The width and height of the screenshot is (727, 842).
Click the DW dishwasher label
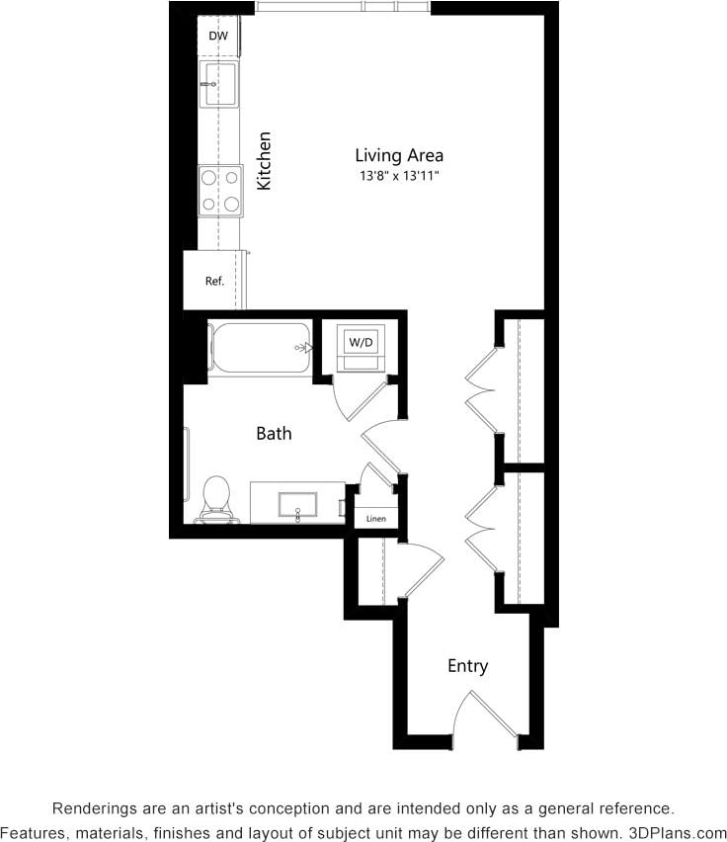click(218, 37)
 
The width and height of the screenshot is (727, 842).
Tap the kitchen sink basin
click(218, 84)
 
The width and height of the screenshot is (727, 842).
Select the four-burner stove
click(219, 191)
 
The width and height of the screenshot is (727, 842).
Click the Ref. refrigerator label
click(214, 281)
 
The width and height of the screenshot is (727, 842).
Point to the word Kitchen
click(264, 160)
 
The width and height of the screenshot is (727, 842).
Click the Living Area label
click(399, 155)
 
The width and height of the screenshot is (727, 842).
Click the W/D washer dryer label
click(360, 343)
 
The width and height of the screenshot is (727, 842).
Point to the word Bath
click(274, 433)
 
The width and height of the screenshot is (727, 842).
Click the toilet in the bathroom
click(216, 498)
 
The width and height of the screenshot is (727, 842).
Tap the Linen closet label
click(376, 519)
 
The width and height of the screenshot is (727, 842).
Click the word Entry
click(467, 666)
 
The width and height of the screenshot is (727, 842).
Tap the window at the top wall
click(344, 7)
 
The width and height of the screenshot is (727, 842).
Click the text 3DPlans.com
click(680, 832)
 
